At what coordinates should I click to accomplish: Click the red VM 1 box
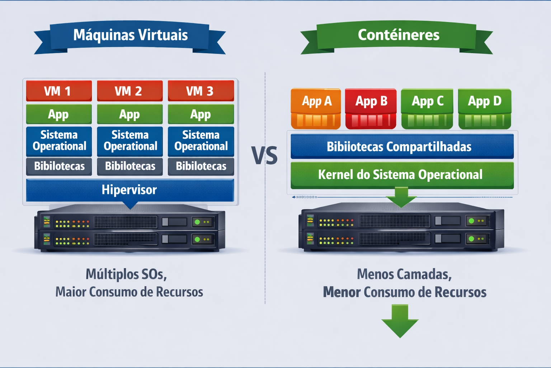click(x=59, y=91)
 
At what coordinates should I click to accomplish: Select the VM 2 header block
click(x=130, y=91)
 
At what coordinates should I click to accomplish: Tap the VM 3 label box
click(x=201, y=91)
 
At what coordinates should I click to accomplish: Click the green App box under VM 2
click(x=130, y=114)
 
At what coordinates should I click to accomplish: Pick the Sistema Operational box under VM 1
click(x=59, y=142)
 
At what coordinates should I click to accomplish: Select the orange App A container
click(x=316, y=109)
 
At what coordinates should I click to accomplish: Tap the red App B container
click(x=371, y=109)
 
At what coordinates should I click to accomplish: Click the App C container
click(x=427, y=109)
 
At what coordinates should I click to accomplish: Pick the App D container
click(x=485, y=109)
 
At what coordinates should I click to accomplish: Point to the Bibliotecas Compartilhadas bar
click(x=402, y=146)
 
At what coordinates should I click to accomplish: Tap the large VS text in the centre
click(x=264, y=156)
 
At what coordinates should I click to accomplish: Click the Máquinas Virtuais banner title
click(x=130, y=35)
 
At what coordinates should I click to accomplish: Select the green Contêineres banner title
click(x=399, y=35)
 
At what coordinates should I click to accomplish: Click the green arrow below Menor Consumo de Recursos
click(x=400, y=321)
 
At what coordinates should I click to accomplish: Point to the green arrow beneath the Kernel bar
click(x=401, y=197)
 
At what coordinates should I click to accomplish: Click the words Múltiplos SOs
click(x=126, y=274)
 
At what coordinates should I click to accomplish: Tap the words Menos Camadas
click(x=404, y=274)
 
